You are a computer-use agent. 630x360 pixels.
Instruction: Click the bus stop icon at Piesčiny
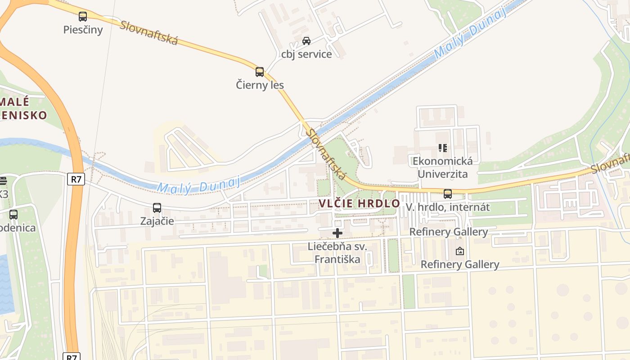coord(83,17)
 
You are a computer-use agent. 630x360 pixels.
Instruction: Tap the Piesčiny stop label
coord(83,30)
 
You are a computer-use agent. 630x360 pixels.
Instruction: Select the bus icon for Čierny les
coord(260,72)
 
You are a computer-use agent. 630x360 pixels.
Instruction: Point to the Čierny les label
coord(260,85)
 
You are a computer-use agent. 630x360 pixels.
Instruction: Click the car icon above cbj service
coord(306,41)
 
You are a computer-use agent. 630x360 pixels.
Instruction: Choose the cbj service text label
coord(306,54)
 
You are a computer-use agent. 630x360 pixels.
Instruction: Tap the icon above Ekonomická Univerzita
coord(443,148)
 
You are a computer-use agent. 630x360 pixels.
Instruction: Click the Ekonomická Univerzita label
coord(443,167)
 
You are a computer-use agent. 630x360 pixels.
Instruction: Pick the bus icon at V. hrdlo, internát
coord(448,194)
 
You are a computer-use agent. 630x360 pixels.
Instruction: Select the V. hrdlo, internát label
coord(448,207)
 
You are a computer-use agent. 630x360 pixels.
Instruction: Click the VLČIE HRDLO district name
coord(360,203)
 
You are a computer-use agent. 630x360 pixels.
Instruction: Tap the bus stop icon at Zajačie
coord(157,208)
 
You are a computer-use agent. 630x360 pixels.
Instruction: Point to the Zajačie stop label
coord(157,221)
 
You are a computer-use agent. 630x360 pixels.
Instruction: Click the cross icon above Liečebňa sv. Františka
coord(337,233)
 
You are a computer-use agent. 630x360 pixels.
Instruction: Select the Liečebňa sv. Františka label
coord(337,252)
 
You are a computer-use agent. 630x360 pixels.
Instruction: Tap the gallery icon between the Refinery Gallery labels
coord(459,251)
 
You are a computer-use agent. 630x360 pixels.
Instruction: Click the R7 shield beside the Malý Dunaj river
coord(76,179)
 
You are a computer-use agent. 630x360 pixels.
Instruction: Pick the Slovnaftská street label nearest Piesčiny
coord(149,32)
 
